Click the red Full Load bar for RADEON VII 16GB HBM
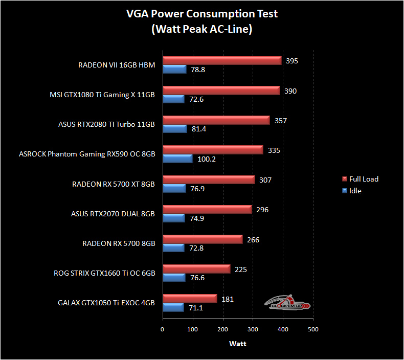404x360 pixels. point(222,61)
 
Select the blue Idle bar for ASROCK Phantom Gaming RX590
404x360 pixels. point(177,159)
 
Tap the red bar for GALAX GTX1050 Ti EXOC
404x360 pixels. point(190,299)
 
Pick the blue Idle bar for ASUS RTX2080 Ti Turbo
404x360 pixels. point(174,129)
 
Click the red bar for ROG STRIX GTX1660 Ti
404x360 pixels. point(196,269)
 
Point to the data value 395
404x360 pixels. point(292,61)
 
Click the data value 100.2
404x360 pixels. point(208,159)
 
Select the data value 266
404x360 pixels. point(253,239)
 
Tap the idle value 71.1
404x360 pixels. point(197,308)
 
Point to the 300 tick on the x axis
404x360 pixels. point(253,329)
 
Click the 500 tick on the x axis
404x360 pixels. point(313,329)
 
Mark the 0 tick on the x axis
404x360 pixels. point(162,329)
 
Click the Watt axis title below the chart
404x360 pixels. point(237,344)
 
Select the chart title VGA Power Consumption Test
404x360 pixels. point(202,14)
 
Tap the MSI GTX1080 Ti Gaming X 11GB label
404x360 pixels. point(102,94)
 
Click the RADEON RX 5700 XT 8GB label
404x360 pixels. point(114,184)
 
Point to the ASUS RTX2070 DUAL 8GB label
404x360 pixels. point(113,214)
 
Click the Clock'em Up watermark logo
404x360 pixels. point(287,303)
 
